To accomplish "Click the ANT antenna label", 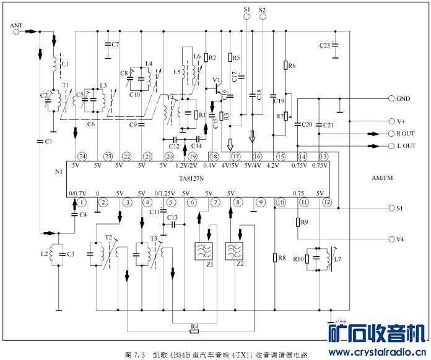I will point(17,25).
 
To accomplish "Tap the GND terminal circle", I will point(391,98).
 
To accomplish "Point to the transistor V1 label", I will point(216,80).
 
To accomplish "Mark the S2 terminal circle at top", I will point(262,18).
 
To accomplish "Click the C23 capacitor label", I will point(324,46).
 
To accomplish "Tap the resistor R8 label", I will point(282,257).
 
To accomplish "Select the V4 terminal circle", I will point(391,239).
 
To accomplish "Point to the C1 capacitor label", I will point(48,142).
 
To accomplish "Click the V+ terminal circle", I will point(391,121).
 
